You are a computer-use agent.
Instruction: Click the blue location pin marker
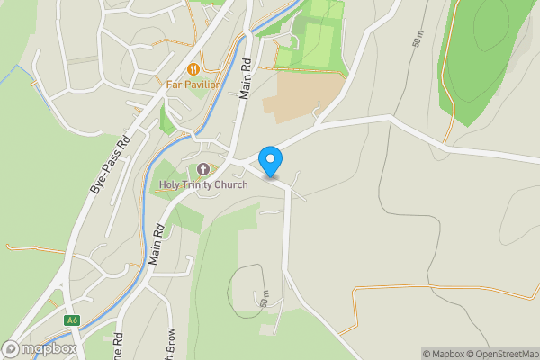click(270, 161)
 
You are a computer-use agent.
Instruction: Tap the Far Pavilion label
click(193, 85)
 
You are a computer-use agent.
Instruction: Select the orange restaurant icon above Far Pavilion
click(193, 68)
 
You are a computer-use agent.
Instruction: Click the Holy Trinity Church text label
click(202, 185)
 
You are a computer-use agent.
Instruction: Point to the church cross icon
click(203, 169)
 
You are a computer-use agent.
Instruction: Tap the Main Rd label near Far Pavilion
click(245, 80)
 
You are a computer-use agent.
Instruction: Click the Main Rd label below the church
click(157, 243)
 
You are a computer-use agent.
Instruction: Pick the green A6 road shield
click(73, 319)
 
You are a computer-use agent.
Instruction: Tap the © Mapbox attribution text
click(442, 354)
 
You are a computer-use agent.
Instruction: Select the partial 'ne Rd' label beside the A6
click(117, 346)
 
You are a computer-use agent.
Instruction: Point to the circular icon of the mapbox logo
click(11, 348)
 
